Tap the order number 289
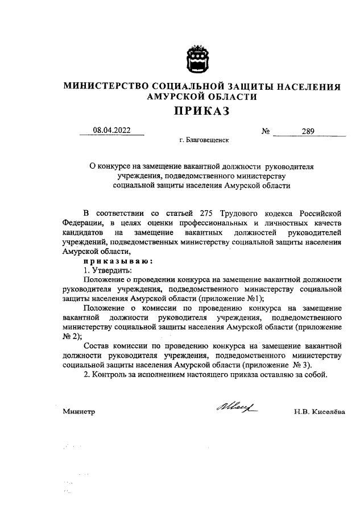[x=309, y=132]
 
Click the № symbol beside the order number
[x=266, y=132]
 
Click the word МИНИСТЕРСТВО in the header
[x=106, y=86]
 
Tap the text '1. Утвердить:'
[x=107, y=270]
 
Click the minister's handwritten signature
[x=235, y=406]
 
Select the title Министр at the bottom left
[x=79, y=411]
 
